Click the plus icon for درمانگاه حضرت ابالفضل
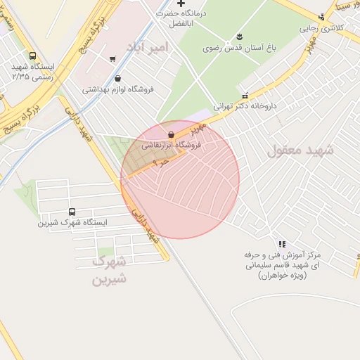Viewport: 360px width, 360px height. click(x=181, y=4)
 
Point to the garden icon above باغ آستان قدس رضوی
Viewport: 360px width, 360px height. click(x=239, y=37)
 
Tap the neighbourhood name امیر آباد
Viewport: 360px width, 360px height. click(x=148, y=47)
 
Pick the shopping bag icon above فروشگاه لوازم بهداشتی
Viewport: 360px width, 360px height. click(x=117, y=79)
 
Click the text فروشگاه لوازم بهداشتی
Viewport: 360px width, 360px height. click(x=118, y=89)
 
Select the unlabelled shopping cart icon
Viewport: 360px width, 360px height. click(x=112, y=59)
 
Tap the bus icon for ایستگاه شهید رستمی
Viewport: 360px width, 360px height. click(x=32, y=56)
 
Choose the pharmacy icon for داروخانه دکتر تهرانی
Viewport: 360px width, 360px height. click(x=245, y=95)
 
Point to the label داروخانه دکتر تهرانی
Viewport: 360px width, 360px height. click(x=245, y=105)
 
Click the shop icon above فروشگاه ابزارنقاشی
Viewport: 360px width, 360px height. click(x=172, y=134)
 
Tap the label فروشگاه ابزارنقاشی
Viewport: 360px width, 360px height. click(x=172, y=146)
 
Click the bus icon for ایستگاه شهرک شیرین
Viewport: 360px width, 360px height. click(x=72, y=212)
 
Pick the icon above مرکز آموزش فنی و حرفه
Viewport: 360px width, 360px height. click(x=281, y=243)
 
